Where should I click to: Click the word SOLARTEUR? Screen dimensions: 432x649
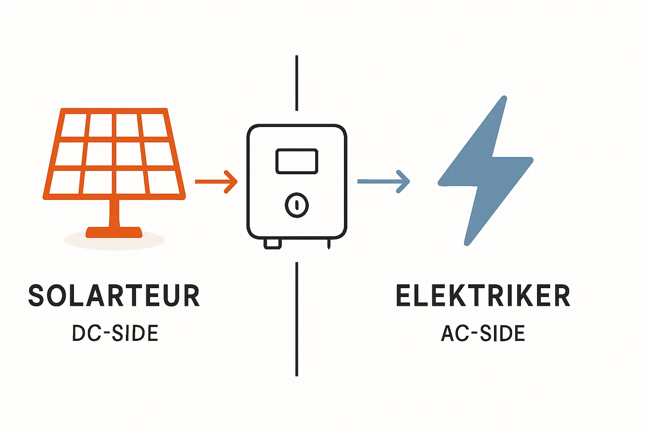click(x=114, y=296)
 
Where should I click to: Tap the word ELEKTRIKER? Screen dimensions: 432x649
click(x=483, y=296)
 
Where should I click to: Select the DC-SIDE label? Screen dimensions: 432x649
click(x=115, y=333)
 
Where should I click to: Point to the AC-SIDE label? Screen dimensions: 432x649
click(x=483, y=333)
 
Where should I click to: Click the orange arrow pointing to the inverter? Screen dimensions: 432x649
click(x=216, y=181)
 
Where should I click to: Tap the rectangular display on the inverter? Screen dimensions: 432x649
click(x=297, y=161)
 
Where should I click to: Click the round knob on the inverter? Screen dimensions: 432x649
click(x=297, y=205)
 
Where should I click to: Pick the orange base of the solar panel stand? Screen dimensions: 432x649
click(x=114, y=232)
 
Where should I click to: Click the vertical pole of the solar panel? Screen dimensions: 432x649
click(x=114, y=213)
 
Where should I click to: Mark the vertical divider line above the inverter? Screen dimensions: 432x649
click(x=297, y=83)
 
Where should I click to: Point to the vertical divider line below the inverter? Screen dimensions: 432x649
click(x=297, y=319)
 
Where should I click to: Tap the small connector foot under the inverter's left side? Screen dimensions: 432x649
click(x=273, y=244)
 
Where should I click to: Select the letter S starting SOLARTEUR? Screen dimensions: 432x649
click(x=36, y=296)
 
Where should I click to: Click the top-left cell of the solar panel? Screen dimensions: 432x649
click(x=74, y=125)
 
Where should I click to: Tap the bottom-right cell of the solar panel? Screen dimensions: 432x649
click(x=164, y=182)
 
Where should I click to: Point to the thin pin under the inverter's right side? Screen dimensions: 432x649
click(x=329, y=244)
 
